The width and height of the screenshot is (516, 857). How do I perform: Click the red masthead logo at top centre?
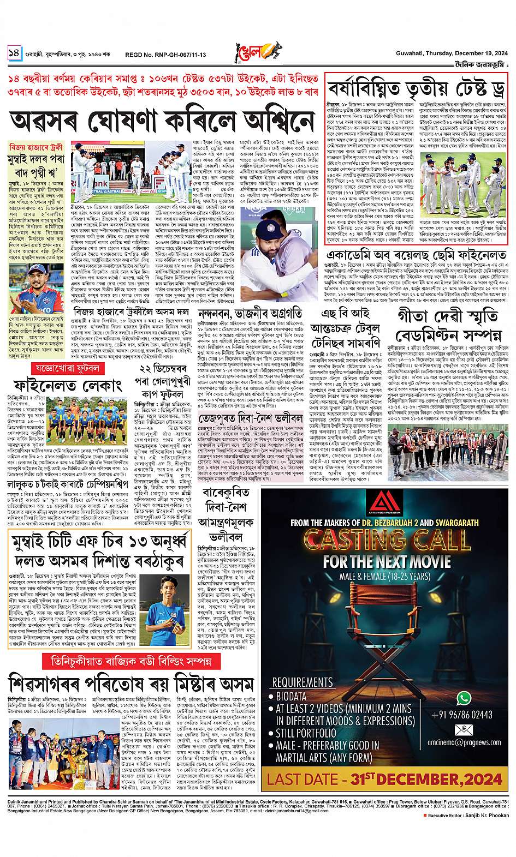coord(257,52)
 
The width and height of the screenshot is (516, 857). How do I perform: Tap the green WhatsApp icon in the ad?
coord(463,698)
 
